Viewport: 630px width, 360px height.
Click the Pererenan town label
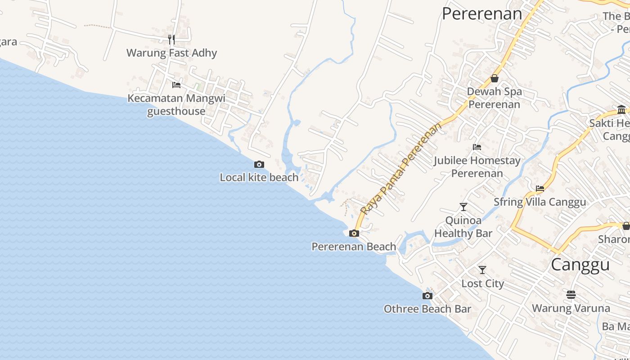[482, 14]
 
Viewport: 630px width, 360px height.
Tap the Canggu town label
[580, 265]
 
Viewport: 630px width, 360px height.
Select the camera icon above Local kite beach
[259, 165]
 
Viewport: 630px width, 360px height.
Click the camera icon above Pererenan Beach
[354, 233]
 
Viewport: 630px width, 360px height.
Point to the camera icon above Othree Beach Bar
[427, 296]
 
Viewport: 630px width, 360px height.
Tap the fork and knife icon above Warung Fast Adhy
[171, 40]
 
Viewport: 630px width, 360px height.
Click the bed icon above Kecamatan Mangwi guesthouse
[176, 85]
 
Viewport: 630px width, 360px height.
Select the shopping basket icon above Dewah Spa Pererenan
[494, 78]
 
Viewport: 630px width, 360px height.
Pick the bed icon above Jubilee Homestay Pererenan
[477, 147]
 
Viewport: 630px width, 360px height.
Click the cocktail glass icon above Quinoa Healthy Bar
[463, 207]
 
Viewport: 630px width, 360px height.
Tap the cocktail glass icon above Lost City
[482, 270]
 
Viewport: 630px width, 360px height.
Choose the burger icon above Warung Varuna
[571, 295]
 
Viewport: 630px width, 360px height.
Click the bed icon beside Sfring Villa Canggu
[540, 189]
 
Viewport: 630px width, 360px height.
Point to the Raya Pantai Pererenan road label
[401, 168]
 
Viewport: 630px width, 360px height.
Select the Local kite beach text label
[259, 178]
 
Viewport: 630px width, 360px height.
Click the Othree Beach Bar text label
[427, 309]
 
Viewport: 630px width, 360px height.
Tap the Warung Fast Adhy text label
[171, 53]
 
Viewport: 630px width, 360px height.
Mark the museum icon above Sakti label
[622, 109]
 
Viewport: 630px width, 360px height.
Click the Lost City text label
[482, 283]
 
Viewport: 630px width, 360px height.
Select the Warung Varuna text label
[571, 308]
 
